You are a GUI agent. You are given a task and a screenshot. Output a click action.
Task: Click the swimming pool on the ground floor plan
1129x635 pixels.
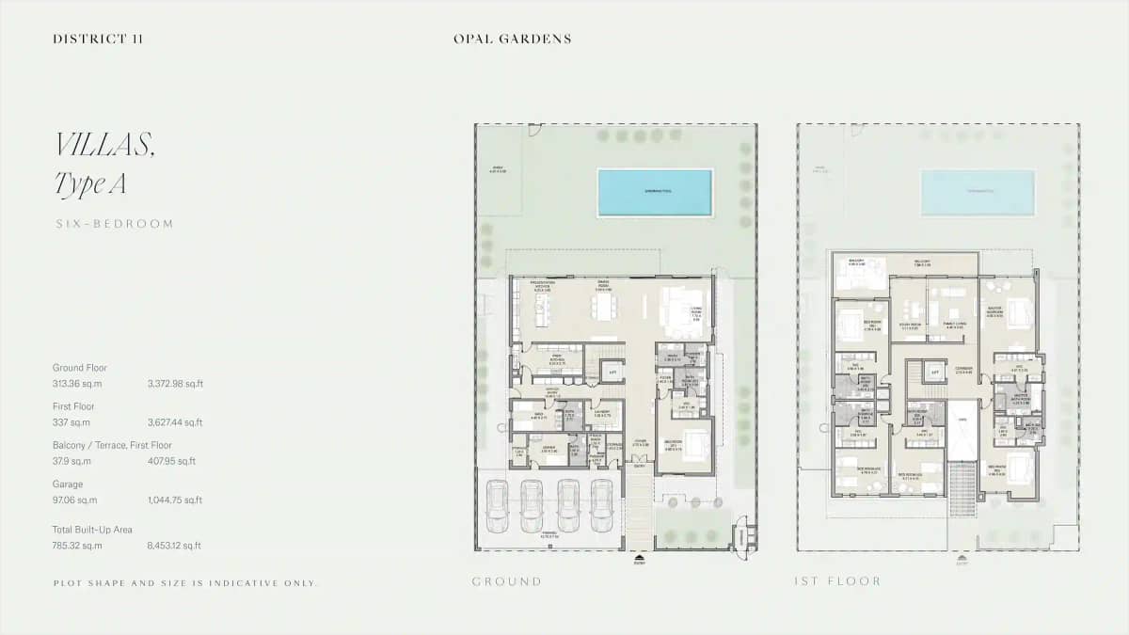655,191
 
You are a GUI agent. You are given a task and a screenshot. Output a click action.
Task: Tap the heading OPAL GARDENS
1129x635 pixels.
512,40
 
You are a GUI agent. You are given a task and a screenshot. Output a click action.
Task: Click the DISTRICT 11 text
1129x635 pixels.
98,40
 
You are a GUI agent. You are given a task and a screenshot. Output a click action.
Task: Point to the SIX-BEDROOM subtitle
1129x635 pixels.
114,224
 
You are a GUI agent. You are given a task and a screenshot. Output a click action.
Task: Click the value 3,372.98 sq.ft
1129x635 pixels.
175,384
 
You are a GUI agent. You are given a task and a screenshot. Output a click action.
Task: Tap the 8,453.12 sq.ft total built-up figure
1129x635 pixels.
174,546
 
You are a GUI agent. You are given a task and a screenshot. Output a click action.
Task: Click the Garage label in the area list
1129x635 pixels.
68,484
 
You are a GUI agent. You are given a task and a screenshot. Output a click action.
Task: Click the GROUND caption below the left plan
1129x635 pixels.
507,581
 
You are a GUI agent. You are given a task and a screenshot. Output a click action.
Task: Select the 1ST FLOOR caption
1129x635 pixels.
837,581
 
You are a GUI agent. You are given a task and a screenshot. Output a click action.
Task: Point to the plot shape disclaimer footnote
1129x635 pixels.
186,583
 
